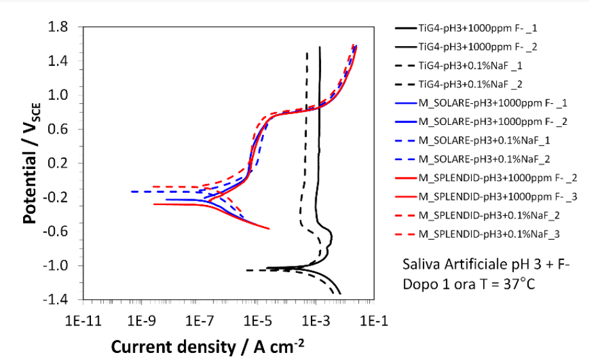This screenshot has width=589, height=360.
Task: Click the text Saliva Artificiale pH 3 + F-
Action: [x=486, y=265]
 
